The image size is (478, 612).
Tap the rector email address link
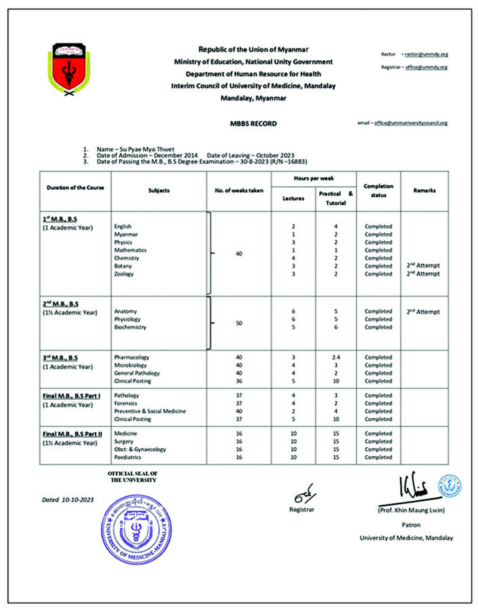point(425,54)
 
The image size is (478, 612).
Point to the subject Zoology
point(124,274)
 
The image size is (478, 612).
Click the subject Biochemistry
point(130,327)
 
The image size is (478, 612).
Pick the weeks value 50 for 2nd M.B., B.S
point(239,323)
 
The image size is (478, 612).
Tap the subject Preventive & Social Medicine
point(150,411)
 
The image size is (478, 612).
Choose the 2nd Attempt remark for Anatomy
point(423,312)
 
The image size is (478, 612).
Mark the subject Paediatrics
point(128,457)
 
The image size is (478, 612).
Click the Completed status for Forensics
point(378,403)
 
